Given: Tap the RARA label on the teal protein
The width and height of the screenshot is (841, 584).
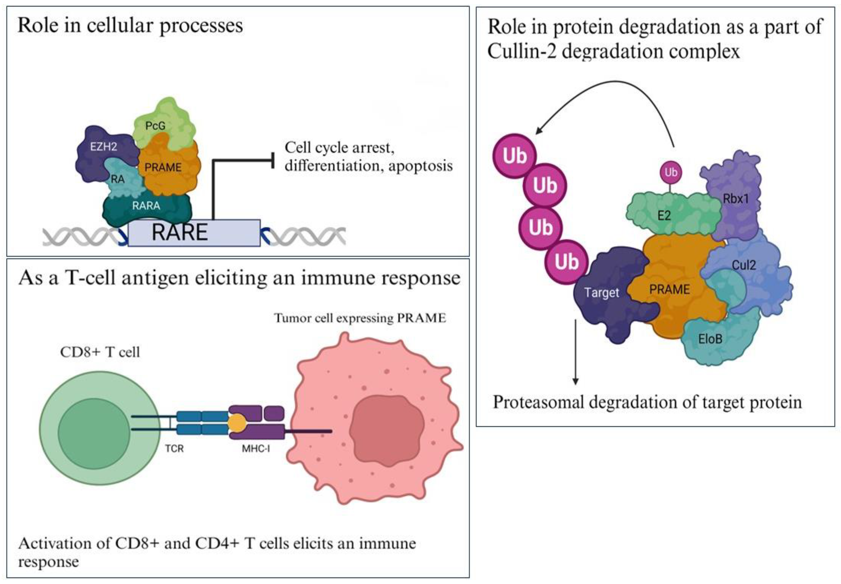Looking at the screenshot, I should coord(146,206).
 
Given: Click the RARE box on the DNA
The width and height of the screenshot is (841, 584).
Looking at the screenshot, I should coord(194,233).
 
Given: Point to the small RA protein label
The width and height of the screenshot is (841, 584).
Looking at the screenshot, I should coord(118,179).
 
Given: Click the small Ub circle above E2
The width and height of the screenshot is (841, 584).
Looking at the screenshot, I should coord(671,172).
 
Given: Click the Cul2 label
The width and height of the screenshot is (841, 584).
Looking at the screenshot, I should coord(744,265).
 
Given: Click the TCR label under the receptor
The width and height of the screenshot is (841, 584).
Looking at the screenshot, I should coord(174,449).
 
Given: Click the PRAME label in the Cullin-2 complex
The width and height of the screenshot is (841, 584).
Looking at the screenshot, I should coord(669,290).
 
